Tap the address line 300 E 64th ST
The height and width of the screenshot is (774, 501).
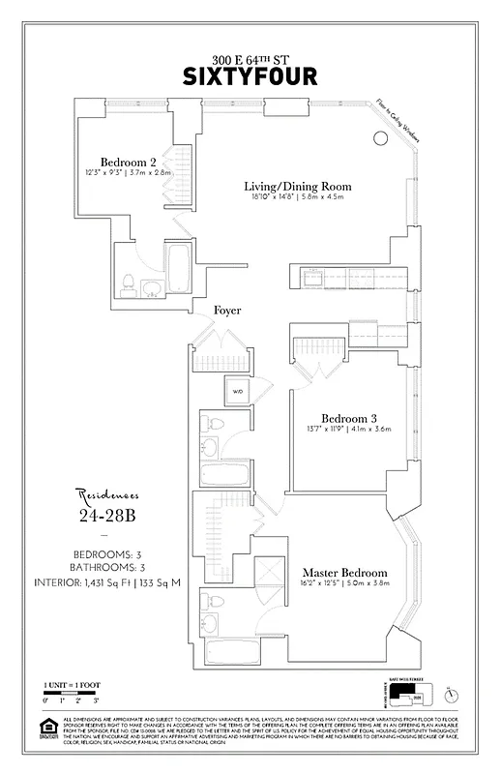(x=250, y=58)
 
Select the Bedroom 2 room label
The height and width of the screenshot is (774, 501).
(x=128, y=162)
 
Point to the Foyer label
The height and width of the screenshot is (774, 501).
(x=228, y=311)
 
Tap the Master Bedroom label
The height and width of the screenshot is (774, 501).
(x=344, y=573)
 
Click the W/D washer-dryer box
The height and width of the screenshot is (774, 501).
(x=237, y=392)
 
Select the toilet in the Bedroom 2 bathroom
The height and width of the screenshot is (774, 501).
(x=128, y=283)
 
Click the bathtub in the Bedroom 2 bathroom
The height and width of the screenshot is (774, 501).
(x=179, y=268)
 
